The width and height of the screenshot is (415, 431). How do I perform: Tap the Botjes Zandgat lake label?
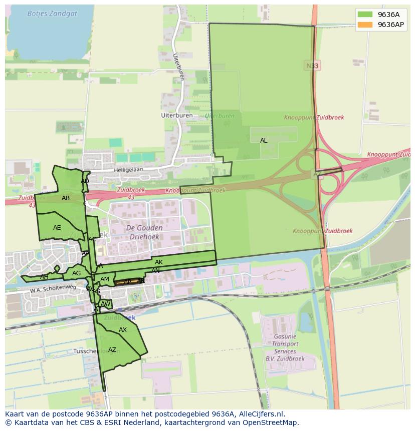52,14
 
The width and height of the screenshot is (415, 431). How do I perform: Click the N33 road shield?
311,66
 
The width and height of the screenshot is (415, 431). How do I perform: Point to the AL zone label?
264,141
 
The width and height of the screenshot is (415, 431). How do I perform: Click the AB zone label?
66,198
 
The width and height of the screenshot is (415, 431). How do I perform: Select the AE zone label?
57,228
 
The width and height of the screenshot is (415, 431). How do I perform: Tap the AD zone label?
85,181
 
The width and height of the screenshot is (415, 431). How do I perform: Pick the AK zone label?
159,262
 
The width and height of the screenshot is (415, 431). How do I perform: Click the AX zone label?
123,330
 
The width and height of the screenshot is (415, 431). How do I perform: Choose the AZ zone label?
112,350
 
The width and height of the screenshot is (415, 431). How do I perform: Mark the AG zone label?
76,273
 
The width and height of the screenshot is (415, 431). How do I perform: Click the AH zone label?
44,277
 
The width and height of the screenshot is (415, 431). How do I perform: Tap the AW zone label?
105,304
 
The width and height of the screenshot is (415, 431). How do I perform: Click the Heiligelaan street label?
128,170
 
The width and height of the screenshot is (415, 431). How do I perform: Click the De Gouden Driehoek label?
143,233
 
